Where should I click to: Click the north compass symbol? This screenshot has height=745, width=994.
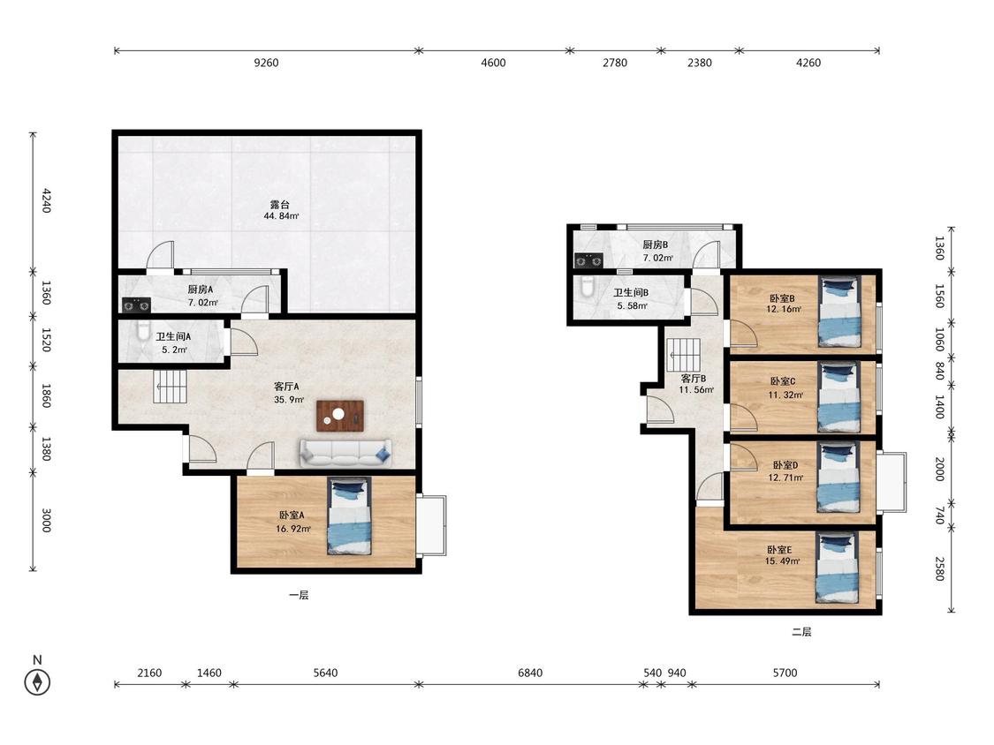(x=37, y=681)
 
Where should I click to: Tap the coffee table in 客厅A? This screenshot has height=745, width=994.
(x=340, y=416)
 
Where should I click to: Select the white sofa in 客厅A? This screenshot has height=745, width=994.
(x=345, y=453)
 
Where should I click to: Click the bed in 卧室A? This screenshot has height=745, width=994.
(x=349, y=516)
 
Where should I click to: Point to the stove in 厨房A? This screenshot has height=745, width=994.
(x=136, y=305)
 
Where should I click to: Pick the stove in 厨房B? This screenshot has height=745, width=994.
(x=588, y=260)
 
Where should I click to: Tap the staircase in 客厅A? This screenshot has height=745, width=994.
(x=171, y=387)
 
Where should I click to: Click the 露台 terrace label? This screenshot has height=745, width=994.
(x=280, y=205)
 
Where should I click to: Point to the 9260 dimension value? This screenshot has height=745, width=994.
(x=266, y=63)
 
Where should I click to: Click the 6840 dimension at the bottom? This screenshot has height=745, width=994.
(x=530, y=673)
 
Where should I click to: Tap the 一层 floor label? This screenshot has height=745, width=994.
(x=299, y=595)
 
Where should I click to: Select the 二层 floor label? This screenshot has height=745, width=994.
(x=801, y=632)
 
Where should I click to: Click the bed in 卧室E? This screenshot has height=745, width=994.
(x=836, y=568)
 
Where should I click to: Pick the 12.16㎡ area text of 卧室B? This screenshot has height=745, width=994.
(x=784, y=309)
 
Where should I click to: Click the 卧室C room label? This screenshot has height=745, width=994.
(x=782, y=381)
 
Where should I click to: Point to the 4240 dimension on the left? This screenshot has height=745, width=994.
(x=46, y=200)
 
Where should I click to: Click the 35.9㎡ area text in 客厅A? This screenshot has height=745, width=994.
(x=289, y=400)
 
